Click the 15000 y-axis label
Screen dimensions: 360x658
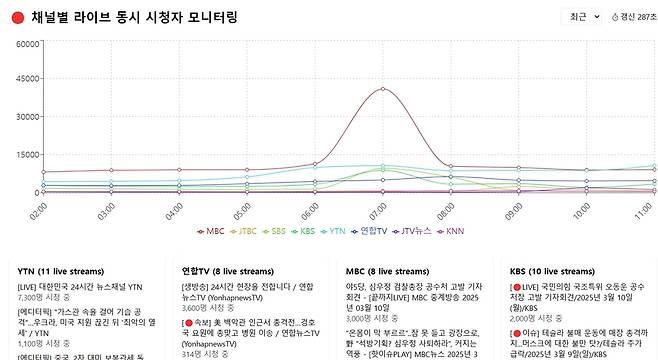(x=25, y=155)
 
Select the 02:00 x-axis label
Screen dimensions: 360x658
(x=38, y=213)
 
